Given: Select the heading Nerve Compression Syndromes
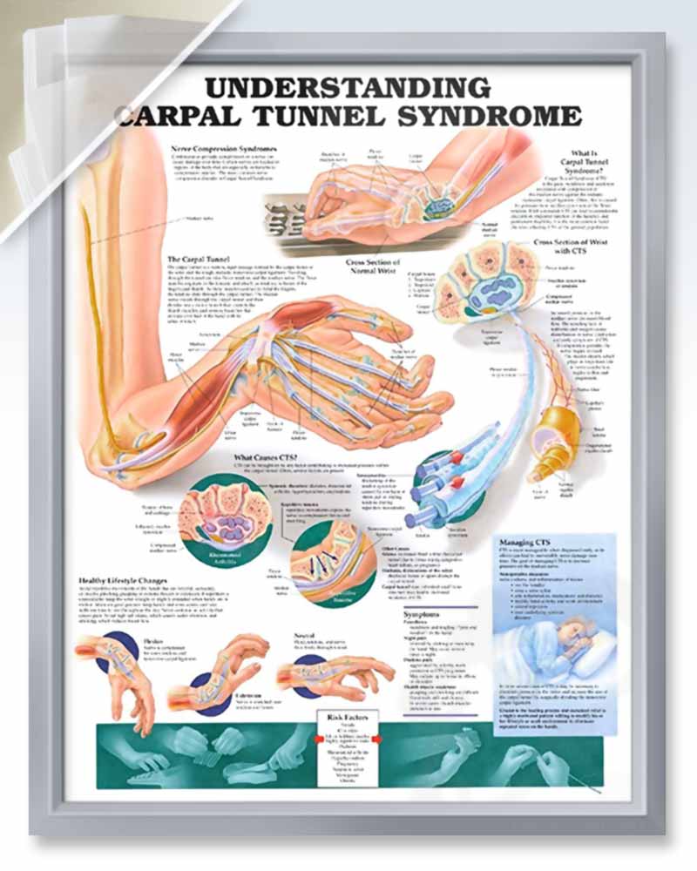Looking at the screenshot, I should coord(225,150).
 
